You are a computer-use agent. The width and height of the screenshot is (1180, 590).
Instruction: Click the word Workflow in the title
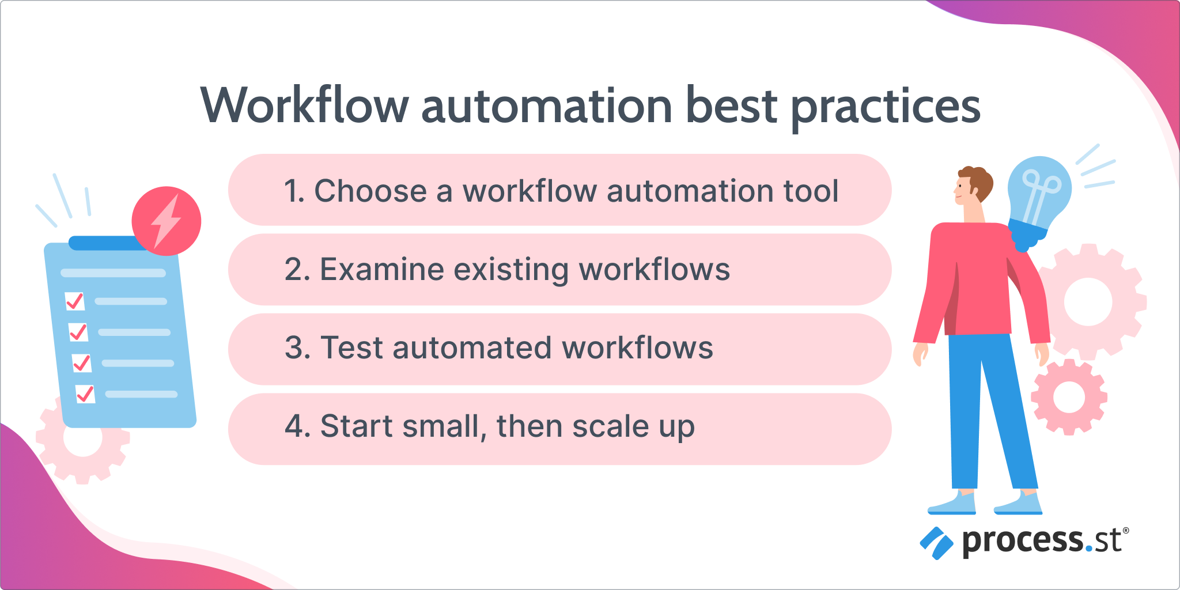305,105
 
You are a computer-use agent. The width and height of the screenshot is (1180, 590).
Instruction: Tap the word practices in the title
886,108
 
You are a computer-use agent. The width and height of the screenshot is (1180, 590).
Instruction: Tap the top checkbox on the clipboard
75,301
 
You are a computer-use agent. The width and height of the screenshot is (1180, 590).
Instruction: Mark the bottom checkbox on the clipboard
85,394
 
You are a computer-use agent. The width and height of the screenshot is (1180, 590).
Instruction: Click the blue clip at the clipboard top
107,243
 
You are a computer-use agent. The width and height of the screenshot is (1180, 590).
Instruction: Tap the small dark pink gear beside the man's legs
1069,397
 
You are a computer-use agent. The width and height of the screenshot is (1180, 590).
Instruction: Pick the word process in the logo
1023,542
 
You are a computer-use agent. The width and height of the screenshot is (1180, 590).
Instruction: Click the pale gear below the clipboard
82,440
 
